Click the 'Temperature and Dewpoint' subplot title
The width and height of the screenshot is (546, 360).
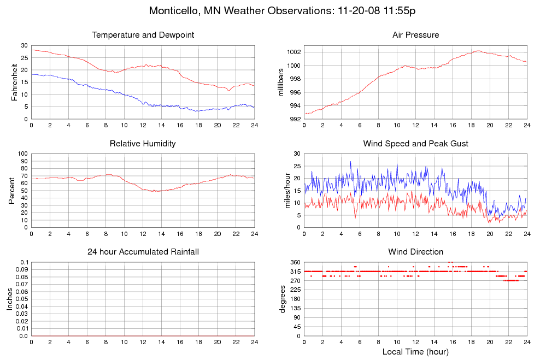pos(143,35)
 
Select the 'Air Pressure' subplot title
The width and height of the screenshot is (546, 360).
pos(415,35)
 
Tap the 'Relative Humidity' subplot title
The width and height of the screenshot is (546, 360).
pos(143,144)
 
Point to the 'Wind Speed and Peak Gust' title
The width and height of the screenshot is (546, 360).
pos(415,144)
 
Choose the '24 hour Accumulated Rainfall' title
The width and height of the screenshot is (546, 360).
pos(143,252)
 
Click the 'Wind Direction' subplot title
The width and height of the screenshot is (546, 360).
pos(415,252)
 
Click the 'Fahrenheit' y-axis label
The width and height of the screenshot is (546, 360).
pos(15,82)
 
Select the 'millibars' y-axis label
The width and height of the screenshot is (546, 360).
pos(282,82)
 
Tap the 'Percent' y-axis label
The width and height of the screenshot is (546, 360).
pos(12,190)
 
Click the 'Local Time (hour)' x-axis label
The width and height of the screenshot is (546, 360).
pos(415,351)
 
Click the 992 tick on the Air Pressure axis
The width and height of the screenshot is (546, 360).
pos(295,119)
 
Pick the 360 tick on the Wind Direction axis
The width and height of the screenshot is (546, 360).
pos(295,263)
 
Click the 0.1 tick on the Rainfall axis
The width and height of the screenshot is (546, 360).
pos(24,263)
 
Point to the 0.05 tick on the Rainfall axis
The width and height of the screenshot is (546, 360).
pos(21,299)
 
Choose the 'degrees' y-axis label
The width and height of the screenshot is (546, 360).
pos(282,299)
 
